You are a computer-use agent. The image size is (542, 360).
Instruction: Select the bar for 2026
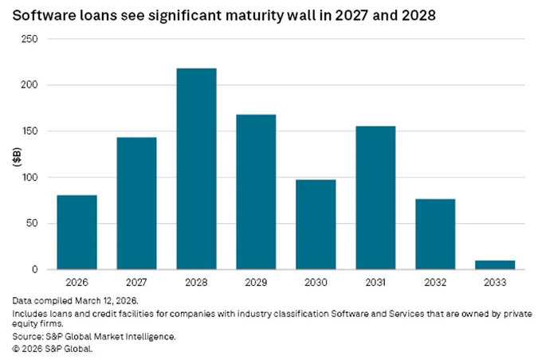[x=77, y=233]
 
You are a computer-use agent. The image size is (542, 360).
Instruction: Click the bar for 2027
[x=136, y=203]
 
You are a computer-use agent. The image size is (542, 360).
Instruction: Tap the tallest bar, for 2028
[x=196, y=169]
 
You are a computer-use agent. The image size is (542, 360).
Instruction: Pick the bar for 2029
[x=256, y=192]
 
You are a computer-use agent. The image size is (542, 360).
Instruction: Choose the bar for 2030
[x=316, y=225]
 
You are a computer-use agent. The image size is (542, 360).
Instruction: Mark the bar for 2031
[x=375, y=198]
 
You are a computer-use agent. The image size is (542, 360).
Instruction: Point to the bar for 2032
[x=435, y=234]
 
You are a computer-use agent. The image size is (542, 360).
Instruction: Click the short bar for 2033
[x=495, y=265]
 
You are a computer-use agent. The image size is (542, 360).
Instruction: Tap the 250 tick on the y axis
[x=29, y=39]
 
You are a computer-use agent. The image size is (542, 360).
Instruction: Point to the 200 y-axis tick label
[x=29, y=84]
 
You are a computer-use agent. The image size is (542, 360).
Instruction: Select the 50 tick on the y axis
[x=31, y=223]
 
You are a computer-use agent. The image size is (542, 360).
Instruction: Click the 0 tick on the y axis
[x=34, y=269]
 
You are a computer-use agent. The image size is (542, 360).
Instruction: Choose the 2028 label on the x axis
[x=196, y=282]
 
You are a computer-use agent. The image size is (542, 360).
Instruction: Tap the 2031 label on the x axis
[x=375, y=282]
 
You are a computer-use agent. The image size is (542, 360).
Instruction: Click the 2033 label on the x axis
[x=495, y=282]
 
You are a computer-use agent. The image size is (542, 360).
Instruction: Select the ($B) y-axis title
[x=17, y=157]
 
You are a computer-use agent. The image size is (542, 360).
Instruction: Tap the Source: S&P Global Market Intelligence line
[x=94, y=337]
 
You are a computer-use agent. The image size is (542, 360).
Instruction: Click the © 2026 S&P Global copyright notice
[x=53, y=349]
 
